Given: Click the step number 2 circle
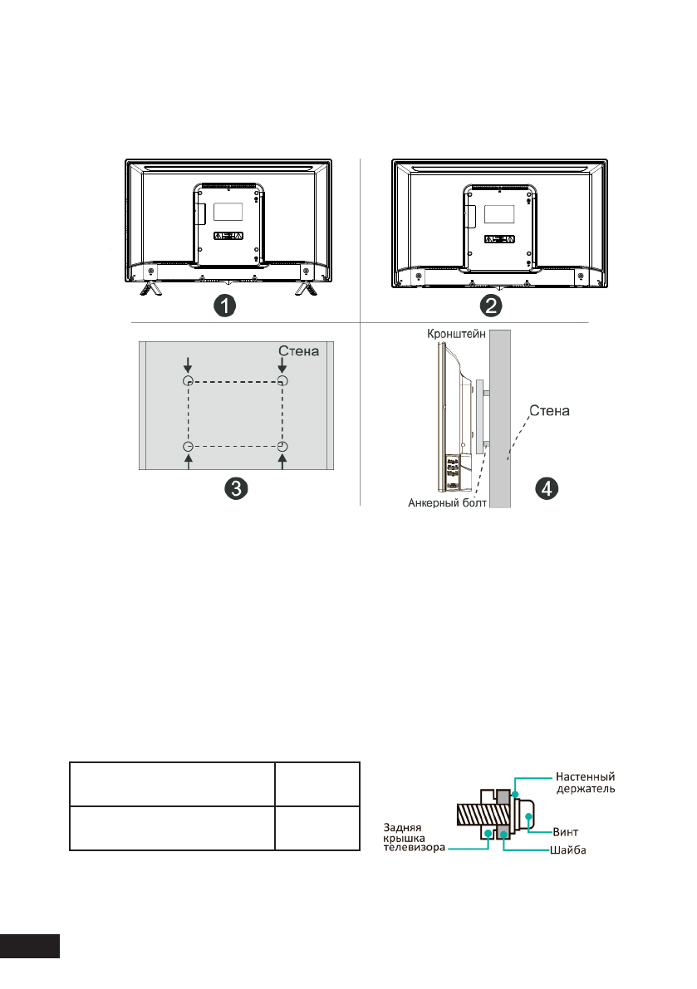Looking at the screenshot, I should pos(493,306).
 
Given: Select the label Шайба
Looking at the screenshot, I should pos(568,849).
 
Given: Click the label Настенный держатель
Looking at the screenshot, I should pos(585,783).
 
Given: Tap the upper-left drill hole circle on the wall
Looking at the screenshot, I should pos(189,381).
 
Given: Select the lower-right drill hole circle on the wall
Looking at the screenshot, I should pos(282,448).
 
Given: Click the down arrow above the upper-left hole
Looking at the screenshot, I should pos(189,364).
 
